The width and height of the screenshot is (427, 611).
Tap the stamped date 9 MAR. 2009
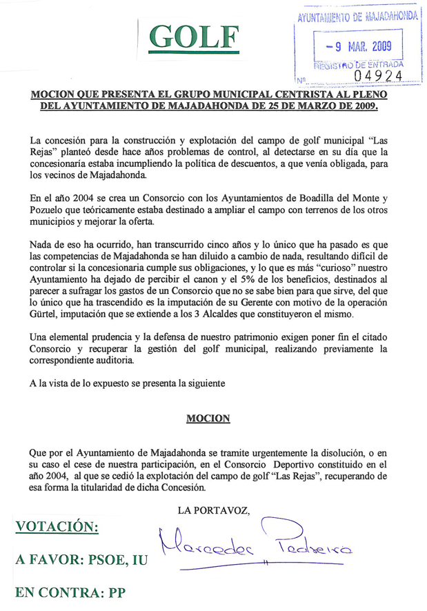coord(359,47)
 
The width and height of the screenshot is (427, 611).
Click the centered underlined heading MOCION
coord(208,419)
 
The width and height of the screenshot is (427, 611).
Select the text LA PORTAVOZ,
coord(213,510)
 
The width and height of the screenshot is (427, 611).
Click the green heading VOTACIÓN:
coord(57,527)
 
